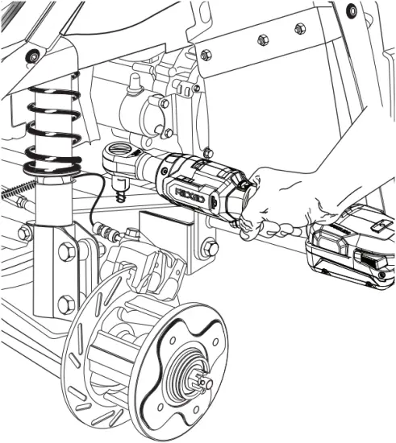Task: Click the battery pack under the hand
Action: pos(352,250)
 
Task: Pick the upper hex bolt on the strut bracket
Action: pos(65,251)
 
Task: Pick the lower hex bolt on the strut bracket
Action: pos(65,304)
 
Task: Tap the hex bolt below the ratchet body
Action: pos(210,246)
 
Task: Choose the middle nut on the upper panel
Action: pos(262,39)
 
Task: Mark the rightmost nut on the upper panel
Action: pos(300,29)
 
